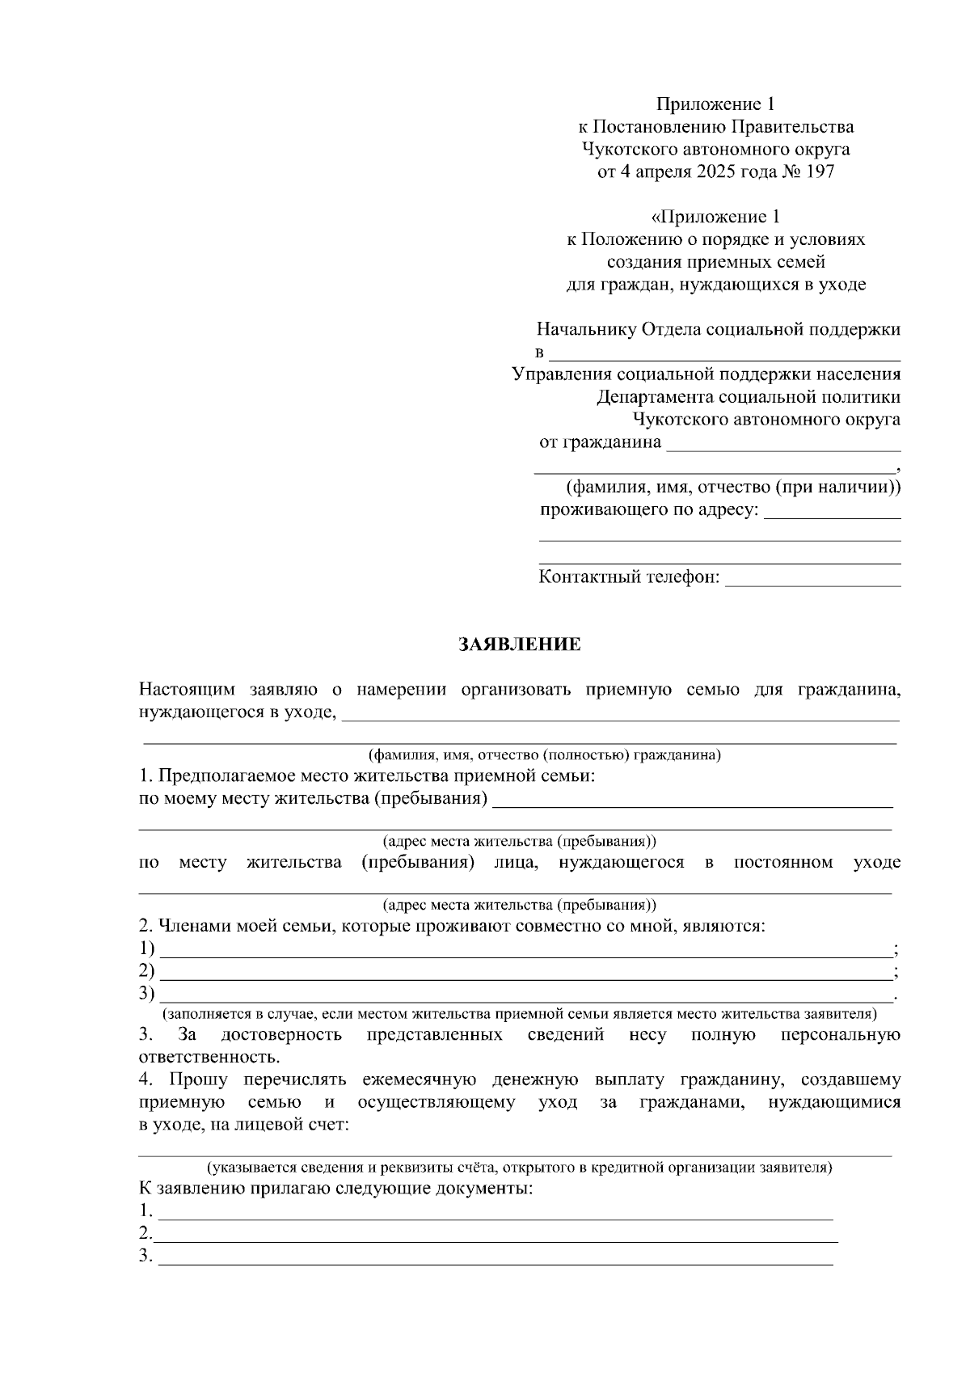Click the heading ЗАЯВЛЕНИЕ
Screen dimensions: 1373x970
coord(520,644)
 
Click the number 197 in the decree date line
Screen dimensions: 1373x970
coord(819,172)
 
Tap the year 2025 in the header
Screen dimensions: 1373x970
coord(716,172)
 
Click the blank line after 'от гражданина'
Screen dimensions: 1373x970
coord(782,450)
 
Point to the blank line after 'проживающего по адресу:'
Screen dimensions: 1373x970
coord(832,517)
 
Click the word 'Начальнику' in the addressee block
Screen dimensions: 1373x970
coord(586,329)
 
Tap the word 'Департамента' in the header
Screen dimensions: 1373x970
coord(655,397)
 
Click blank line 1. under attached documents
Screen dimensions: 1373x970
coord(495,1218)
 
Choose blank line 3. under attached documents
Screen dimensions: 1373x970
coord(495,1263)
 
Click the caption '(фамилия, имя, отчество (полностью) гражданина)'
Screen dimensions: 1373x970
coord(544,755)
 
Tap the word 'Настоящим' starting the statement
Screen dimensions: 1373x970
coord(188,690)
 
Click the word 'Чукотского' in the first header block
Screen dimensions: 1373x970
coord(626,150)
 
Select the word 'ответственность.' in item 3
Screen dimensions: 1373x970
coord(209,1058)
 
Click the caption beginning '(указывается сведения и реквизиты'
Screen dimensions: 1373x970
coord(519,1168)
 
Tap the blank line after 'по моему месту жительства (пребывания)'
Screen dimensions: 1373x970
coord(692,805)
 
